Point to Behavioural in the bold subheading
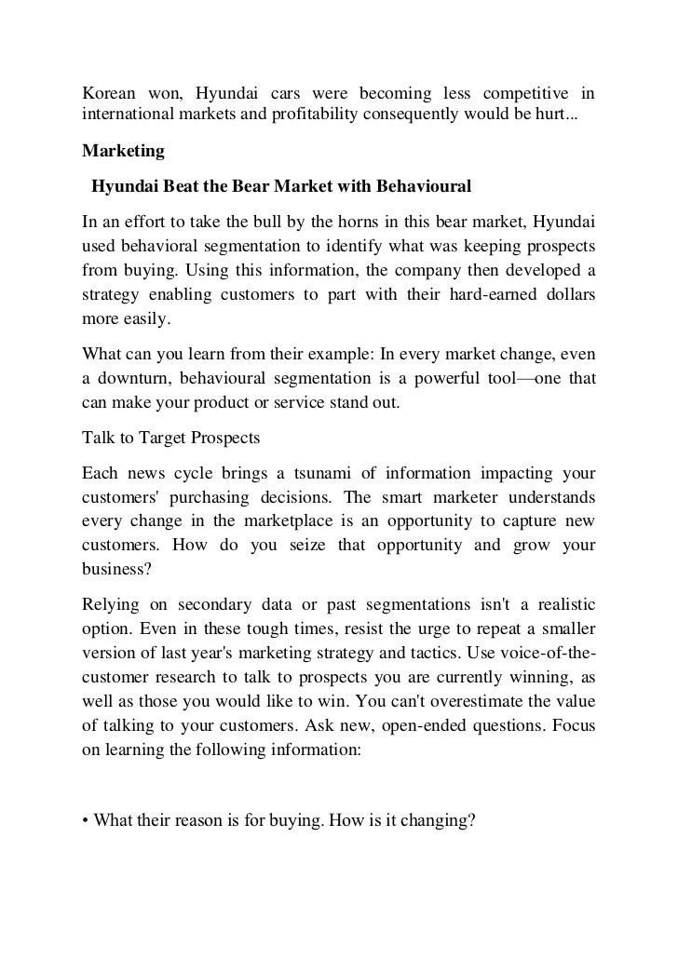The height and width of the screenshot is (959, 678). click(x=424, y=186)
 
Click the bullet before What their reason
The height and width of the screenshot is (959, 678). click(x=86, y=819)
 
